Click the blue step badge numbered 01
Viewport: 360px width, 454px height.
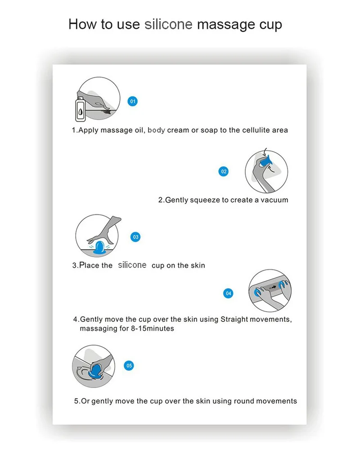132,101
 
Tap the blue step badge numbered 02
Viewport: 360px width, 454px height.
224,171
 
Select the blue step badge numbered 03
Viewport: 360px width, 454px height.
135,237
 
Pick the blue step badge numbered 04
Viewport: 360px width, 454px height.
229,294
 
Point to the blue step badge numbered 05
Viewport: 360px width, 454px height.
129,366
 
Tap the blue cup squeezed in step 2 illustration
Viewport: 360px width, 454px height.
265,161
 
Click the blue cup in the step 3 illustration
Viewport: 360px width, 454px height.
99,248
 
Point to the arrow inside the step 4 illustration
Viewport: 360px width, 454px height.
273,288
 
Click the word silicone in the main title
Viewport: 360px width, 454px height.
168,24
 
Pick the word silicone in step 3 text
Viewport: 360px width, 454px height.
132,265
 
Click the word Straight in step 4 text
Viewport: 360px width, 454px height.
234,320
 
